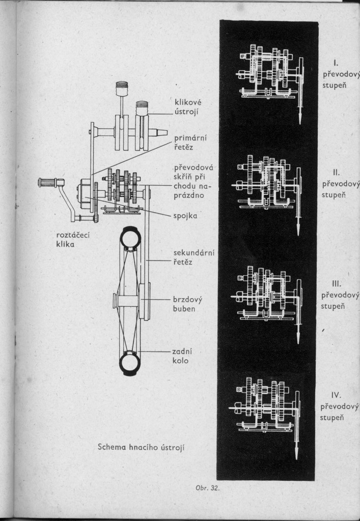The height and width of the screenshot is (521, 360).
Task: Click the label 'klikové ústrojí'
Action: (188, 107)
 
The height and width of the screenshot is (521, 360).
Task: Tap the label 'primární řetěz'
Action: (190, 142)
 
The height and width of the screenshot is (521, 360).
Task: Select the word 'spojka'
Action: (185, 216)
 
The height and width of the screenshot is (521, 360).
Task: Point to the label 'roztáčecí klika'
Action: (73, 240)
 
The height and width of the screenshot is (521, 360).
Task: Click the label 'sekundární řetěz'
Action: (193, 257)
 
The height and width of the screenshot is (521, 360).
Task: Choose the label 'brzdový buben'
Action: (187, 304)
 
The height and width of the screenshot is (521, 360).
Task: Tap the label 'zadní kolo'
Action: (182, 356)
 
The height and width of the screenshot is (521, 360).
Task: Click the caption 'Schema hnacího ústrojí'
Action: (141, 447)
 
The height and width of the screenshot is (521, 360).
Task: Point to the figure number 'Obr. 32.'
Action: (208, 488)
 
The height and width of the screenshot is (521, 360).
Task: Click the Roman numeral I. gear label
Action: (336, 63)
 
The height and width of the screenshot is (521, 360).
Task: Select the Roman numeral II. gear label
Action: (336, 172)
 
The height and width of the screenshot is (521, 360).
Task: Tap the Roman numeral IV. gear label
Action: (336, 395)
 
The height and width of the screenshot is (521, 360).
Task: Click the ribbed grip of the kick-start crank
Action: (47, 183)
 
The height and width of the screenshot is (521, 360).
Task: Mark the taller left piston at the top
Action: (122, 89)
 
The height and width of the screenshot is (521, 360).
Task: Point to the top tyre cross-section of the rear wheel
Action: (130, 237)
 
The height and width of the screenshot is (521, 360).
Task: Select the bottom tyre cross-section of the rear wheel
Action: (130, 363)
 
